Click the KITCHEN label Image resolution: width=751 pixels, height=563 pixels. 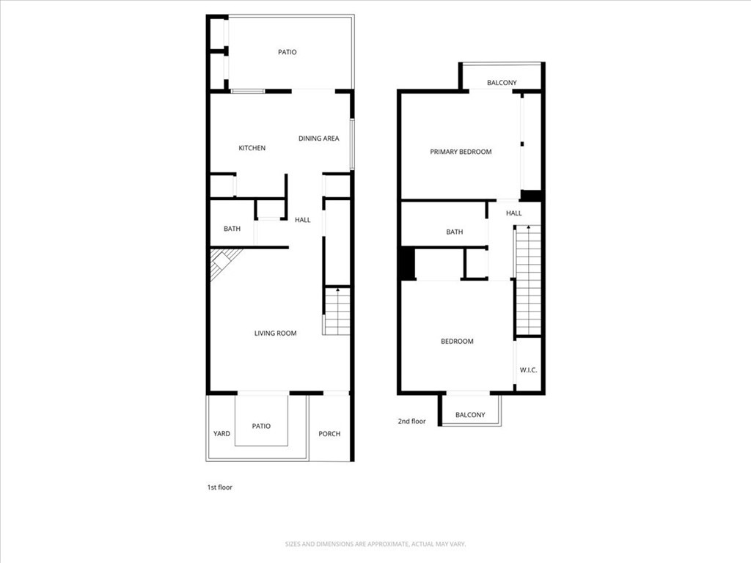pyautogui.click(x=252, y=148)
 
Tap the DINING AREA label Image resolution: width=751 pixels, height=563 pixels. pyautogui.click(x=318, y=139)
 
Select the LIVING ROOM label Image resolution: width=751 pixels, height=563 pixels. pyautogui.click(x=275, y=334)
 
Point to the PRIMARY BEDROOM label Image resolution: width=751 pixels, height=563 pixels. pyautogui.click(x=461, y=152)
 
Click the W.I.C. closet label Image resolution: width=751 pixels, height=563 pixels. pyautogui.click(x=528, y=370)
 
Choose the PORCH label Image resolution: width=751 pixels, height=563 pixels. pyautogui.click(x=329, y=434)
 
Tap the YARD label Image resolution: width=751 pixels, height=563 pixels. pyautogui.click(x=221, y=434)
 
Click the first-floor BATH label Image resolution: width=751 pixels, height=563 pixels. pyautogui.click(x=232, y=229)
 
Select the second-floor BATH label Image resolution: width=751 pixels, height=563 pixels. pyautogui.click(x=455, y=232)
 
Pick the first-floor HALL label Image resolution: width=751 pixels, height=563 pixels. pyautogui.click(x=303, y=220)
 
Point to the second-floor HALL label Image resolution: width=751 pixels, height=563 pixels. pyautogui.click(x=514, y=213)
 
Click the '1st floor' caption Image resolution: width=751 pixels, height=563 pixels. pyautogui.click(x=219, y=487)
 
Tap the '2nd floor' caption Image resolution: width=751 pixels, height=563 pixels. pyautogui.click(x=411, y=422)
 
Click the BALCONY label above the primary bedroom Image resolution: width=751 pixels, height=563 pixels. pyautogui.click(x=502, y=83)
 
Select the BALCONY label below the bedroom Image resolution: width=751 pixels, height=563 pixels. pyautogui.click(x=470, y=415)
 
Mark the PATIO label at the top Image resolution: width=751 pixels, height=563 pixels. pyautogui.click(x=287, y=52)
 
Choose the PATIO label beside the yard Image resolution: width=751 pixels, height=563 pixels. pyautogui.click(x=261, y=426)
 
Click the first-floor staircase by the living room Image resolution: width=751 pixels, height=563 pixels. pyautogui.click(x=337, y=312)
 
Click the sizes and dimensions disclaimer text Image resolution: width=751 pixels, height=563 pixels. pyautogui.click(x=375, y=544)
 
